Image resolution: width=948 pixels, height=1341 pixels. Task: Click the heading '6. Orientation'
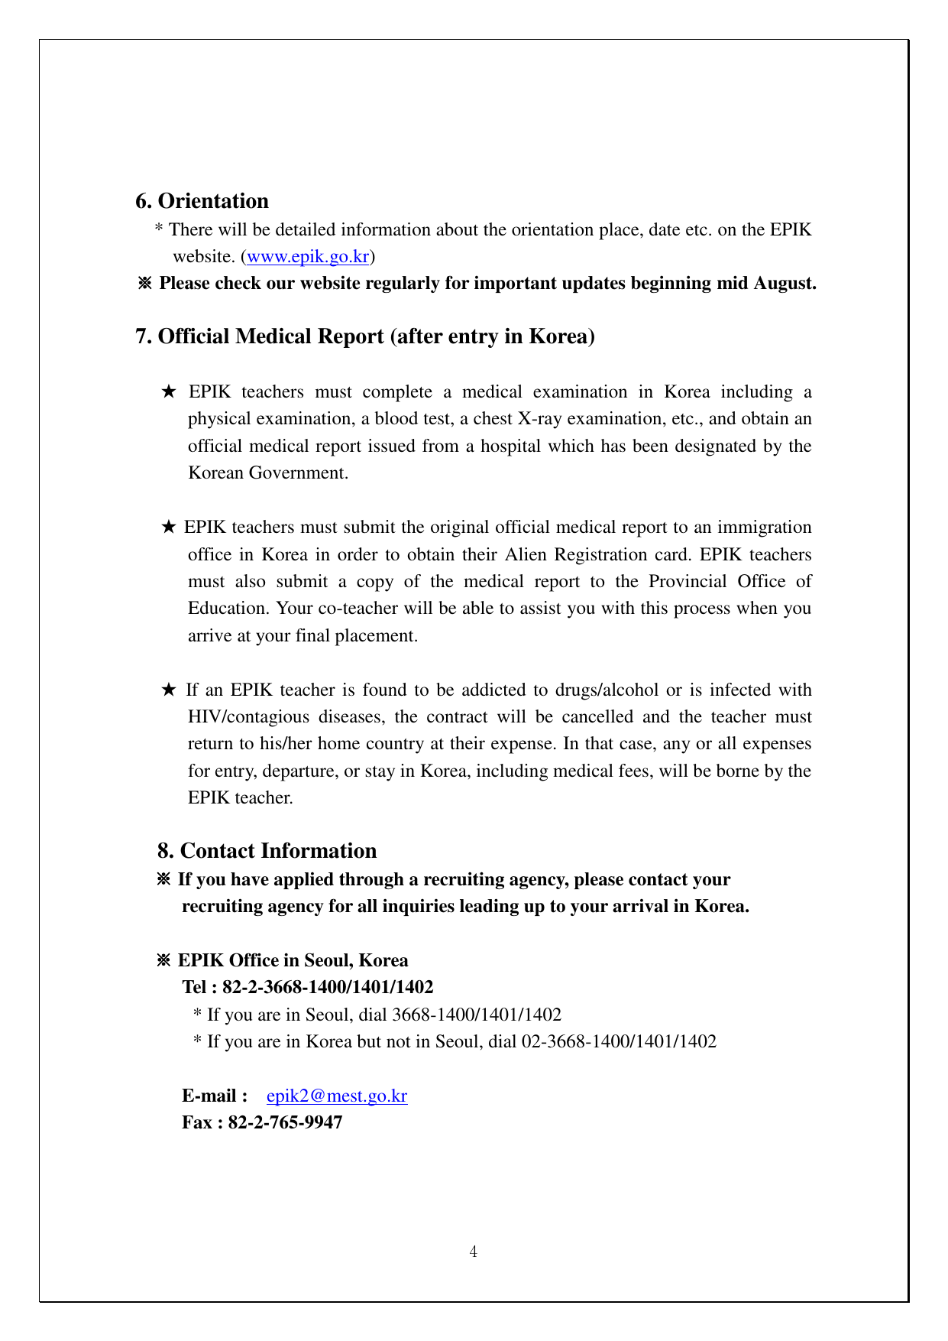pos(202,201)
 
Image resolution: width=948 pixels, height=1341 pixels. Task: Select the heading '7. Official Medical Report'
pos(364,336)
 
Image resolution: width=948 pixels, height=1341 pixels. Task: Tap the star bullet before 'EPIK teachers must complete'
pos(169,392)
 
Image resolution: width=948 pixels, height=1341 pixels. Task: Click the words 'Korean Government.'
pos(268,473)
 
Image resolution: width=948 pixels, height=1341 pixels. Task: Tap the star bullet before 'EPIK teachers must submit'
pos(169,528)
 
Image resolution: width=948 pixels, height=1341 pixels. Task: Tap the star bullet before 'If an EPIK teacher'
pos(169,690)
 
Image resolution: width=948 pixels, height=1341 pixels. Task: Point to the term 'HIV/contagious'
pos(249,717)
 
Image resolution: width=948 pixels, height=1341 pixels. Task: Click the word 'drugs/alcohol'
pos(607,690)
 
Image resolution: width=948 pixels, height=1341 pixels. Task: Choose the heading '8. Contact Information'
pos(267,851)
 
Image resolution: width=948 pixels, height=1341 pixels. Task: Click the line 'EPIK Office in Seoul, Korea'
pos(293,961)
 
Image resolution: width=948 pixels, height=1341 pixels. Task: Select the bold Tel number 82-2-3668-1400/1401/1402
pos(328,988)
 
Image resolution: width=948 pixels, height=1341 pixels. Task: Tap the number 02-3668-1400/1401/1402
pos(619,1042)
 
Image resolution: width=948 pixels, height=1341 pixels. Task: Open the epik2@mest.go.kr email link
pos(337,1096)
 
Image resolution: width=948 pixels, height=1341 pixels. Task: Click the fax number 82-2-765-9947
pos(285,1123)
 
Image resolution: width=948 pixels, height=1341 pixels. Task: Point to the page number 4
pos(474,1252)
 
